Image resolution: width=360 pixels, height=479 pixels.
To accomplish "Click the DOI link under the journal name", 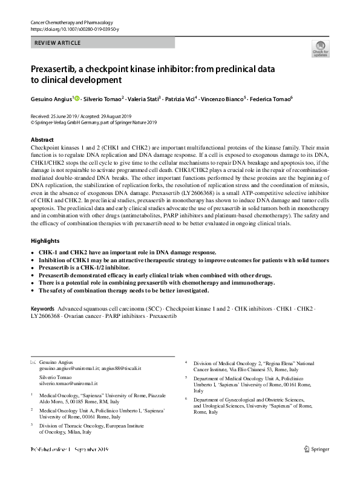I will click(70, 29).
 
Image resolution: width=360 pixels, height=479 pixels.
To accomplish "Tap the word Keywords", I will click(42, 309).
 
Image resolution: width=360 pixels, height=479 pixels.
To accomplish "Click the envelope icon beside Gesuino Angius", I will click(33, 362).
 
